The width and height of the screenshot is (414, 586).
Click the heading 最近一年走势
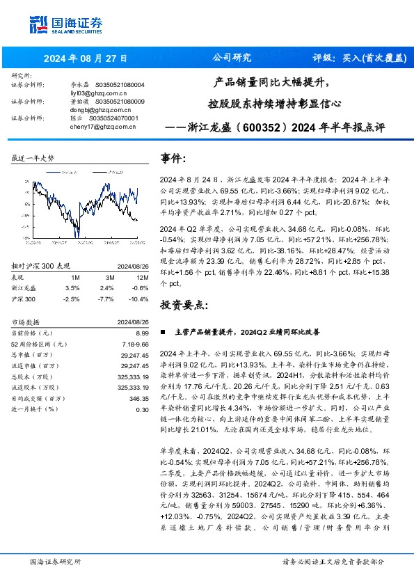pyautogui.click(x=33, y=159)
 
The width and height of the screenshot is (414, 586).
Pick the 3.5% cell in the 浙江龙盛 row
pyautogui.click(x=72, y=268)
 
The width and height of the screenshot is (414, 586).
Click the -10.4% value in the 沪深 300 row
pyautogui.click(x=138, y=278)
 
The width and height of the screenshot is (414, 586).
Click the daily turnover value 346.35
pyautogui.click(x=139, y=398)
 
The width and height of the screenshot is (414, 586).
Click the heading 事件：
pyautogui.click(x=173, y=159)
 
